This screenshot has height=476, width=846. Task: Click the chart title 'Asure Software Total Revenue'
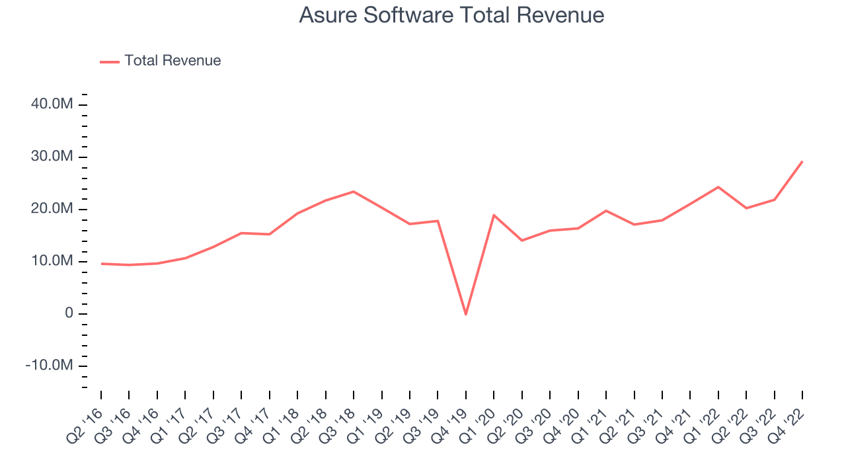[x=451, y=15]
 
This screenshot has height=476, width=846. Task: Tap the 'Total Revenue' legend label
[x=173, y=61]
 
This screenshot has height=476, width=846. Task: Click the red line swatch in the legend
[x=110, y=61]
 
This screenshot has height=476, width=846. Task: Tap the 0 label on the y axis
[x=69, y=314]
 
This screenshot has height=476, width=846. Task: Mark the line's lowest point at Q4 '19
[x=466, y=314]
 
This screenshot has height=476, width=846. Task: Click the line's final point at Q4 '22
[x=802, y=161]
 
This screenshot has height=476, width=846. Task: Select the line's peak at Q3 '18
[x=354, y=192]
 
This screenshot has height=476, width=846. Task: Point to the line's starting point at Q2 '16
[x=101, y=264]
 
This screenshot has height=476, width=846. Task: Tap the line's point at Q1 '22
[x=718, y=187]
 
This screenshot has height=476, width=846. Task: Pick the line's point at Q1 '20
[x=494, y=215]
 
